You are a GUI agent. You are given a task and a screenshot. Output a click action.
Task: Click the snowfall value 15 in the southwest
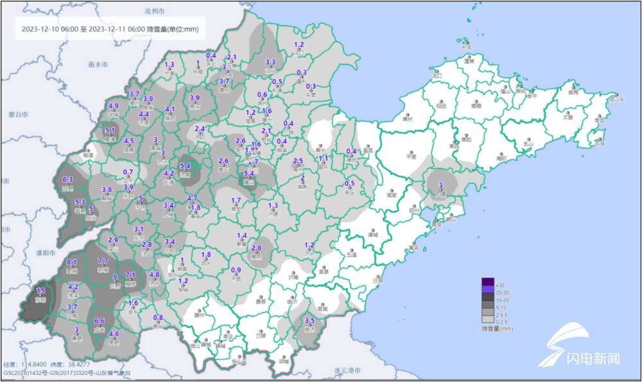pos(42,292)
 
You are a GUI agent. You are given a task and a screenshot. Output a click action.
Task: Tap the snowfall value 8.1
pos(72,262)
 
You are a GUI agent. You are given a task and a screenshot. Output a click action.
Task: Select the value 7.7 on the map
pos(103,260)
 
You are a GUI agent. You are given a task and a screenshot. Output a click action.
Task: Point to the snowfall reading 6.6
pos(100,321)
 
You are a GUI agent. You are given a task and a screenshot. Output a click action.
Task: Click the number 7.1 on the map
pos(130,275)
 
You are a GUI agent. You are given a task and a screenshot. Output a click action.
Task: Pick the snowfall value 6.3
pos(67,179)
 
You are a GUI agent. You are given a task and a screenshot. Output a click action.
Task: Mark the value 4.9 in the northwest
pos(114,106)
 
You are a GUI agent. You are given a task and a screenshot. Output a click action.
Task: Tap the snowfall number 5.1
pos(110,131)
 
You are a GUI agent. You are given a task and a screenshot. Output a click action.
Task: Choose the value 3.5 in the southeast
pos(309,320)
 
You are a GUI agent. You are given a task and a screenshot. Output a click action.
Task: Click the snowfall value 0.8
pos(158,318)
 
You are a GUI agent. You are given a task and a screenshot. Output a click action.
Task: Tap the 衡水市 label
pos(97,64)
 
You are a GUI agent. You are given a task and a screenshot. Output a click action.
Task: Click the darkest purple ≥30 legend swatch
pos(489,282)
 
